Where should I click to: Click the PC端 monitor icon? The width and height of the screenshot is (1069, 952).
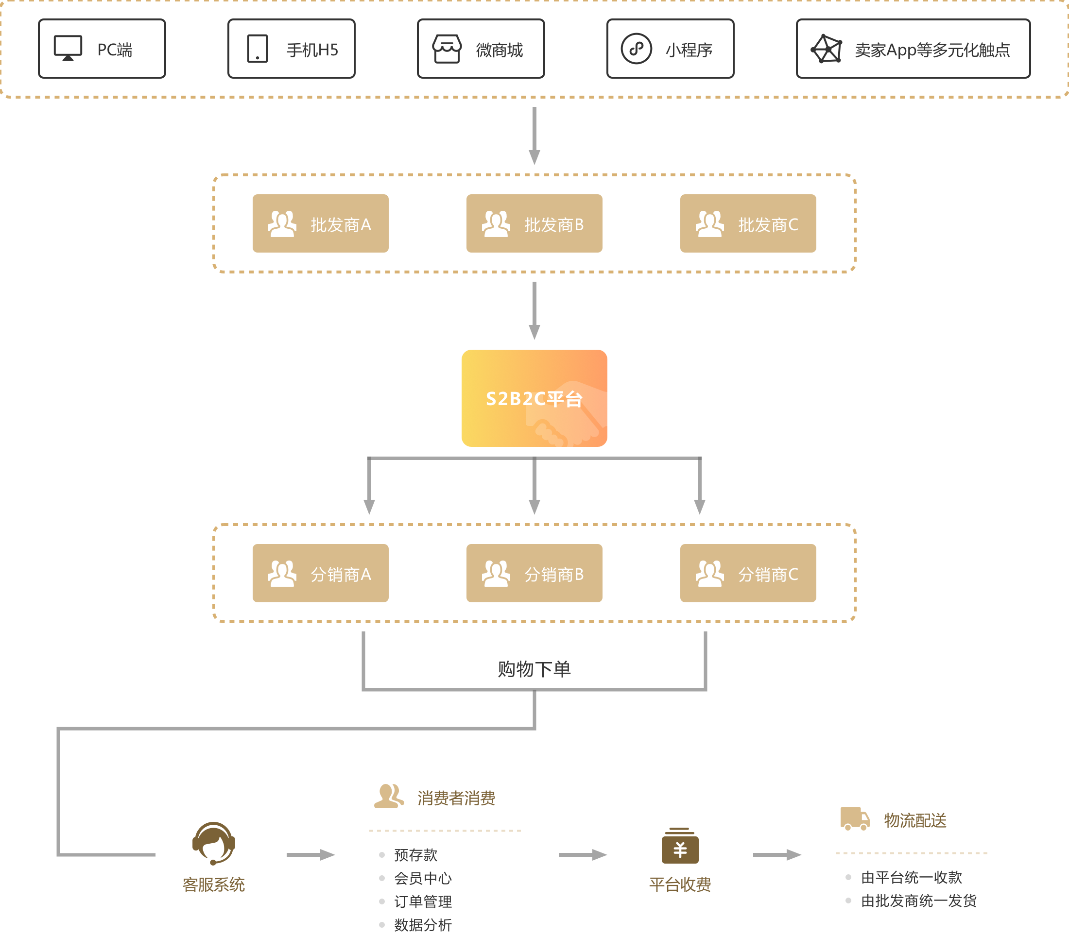[68, 48]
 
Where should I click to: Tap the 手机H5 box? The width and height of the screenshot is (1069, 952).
[292, 49]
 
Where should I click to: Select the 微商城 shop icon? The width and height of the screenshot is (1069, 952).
[447, 49]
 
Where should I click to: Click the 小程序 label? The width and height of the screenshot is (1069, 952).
[689, 50]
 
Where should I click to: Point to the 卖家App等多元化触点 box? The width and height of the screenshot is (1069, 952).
[913, 49]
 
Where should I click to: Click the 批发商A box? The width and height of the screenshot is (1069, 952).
[321, 223]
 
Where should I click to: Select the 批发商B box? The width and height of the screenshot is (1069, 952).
[534, 223]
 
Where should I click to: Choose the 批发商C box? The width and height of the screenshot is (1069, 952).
[748, 223]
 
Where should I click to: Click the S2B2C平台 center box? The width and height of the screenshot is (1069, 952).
[534, 398]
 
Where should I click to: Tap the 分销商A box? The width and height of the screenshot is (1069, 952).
[321, 573]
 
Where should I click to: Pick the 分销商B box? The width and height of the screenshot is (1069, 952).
[534, 573]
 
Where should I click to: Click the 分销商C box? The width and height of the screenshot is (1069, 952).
[748, 573]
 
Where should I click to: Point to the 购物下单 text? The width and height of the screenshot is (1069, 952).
[534, 669]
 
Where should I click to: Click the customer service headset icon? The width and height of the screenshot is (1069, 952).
[213, 843]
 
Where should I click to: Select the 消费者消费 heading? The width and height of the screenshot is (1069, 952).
[456, 798]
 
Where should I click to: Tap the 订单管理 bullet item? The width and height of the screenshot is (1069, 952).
[423, 901]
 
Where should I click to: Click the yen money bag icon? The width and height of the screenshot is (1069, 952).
[680, 845]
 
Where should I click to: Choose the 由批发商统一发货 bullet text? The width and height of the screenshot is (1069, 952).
[919, 901]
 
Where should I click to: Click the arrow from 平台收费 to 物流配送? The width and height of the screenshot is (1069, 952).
[777, 855]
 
